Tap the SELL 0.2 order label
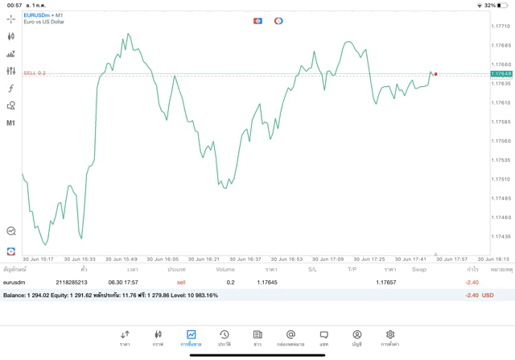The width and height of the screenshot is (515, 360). click(x=34, y=72)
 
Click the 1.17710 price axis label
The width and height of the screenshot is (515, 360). click(x=501, y=26)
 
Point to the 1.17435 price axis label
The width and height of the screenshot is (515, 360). click(x=501, y=236)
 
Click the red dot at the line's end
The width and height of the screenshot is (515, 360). click(x=436, y=74)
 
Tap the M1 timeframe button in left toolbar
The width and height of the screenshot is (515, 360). click(x=10, y=123)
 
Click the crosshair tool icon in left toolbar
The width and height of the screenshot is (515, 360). click(x=10, y=19)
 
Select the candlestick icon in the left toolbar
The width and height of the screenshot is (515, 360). click(x=10, y=36)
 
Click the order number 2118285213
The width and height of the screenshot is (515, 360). click(x=72, y=283)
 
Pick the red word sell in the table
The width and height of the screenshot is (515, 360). click(x=181, y=283)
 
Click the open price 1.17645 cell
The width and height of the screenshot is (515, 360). click(x=266, y=283)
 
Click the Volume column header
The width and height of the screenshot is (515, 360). click(x=225, y=269)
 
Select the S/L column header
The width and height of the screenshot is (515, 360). click(x=313, y=269)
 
